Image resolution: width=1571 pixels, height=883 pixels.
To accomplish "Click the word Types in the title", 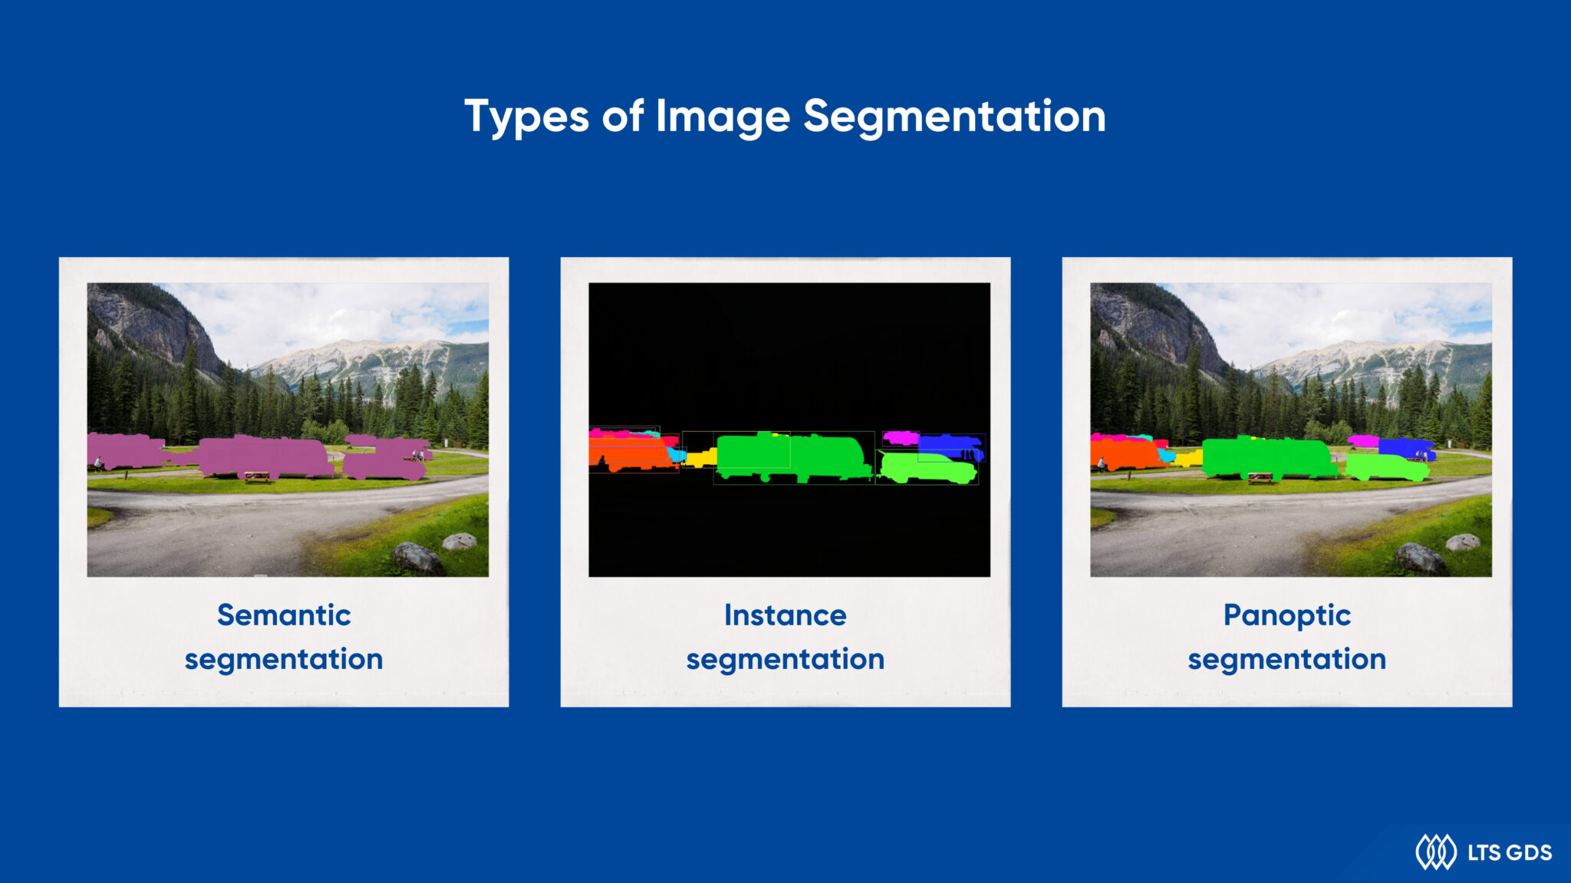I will [526, 117].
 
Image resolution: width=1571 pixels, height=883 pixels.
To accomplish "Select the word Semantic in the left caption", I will [284, 615].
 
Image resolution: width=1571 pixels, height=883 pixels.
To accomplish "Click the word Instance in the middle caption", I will [785, 615].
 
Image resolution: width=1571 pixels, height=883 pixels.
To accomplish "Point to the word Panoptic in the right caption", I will [1286, 616].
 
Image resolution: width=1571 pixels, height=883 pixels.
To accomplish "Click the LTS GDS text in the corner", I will [1509, 852].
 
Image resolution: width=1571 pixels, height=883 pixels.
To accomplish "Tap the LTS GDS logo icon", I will [1435, 852].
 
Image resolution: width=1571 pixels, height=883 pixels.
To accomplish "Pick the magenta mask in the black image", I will [899, 438].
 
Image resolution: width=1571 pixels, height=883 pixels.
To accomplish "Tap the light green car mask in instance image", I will [927, 469].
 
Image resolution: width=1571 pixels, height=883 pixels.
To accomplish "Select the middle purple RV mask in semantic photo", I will [265, 456].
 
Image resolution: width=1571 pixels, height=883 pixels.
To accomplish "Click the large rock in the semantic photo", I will [417, 558].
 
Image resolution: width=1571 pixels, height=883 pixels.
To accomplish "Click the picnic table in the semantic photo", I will [256, 477].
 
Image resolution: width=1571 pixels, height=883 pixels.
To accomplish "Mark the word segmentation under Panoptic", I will [1286, 659].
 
